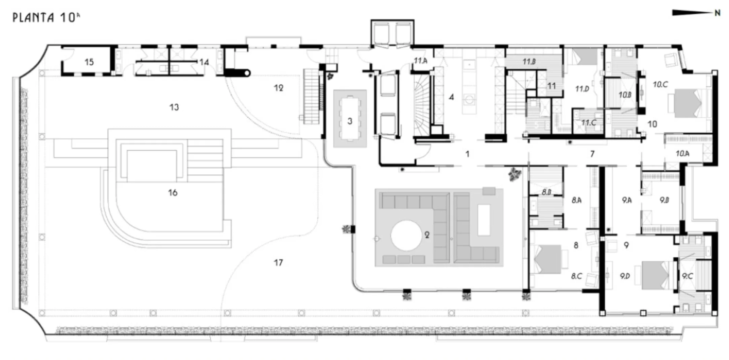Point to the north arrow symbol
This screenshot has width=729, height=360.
tap(696, 13)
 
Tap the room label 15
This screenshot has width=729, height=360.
tap(89, 62)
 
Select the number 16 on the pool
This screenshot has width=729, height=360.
tap(173, 193)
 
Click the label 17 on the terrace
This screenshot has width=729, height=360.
tap(278, 262)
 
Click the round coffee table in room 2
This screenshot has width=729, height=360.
tap(406, 235)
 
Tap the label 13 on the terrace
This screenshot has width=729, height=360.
tap(174, 107)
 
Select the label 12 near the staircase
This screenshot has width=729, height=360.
tap(279, 88)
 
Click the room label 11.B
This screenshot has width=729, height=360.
tap(529, 62)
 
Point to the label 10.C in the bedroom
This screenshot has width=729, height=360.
tap(660, 84)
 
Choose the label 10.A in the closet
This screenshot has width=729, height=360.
tap(682, 153)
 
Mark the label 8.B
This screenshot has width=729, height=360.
tap(546, 192)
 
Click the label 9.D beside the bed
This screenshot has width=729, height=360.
tap(625, 276)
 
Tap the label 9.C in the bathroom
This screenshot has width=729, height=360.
tap(687, 276)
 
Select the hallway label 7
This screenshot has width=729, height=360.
tap(592, 153)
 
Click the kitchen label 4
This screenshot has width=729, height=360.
tap(451, 97)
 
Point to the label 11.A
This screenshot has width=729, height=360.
tap(421, 61)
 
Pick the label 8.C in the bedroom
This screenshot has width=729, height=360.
tap(576, 276)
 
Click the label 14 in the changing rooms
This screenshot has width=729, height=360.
tap(204, 62)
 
